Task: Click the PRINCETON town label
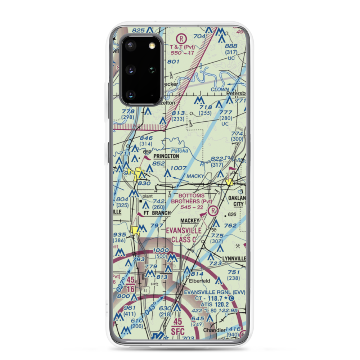[166, 157]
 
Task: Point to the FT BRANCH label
[157, 213]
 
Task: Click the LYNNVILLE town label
[234, 258]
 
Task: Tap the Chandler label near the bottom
[214, 330]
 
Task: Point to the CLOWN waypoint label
[220, 89]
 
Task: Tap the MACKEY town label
[190, 220]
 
